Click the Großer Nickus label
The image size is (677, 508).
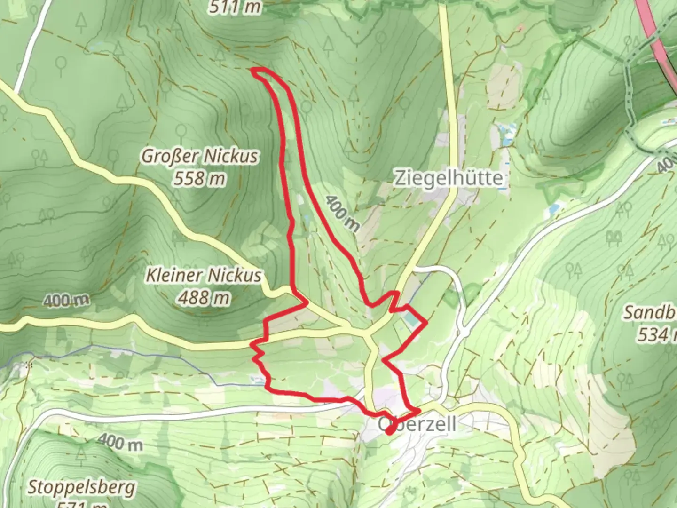tap(200, 156)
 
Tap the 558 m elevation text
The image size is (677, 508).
tap(199, 178)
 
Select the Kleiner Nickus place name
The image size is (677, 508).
tap(203, 275)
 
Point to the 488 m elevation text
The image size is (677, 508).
tap(204, 297)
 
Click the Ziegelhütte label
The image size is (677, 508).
tap(448, 178)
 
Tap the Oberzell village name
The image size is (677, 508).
tap(417, 424)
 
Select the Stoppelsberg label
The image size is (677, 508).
tap(81, 487)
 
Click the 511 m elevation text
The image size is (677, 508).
tap(235, 8)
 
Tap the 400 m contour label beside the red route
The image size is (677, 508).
tap(342, 214)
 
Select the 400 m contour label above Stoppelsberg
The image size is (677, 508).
tap(120, 442)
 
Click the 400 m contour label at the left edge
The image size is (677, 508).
tap(66, 300)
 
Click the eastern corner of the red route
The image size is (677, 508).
tap(426, 323)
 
